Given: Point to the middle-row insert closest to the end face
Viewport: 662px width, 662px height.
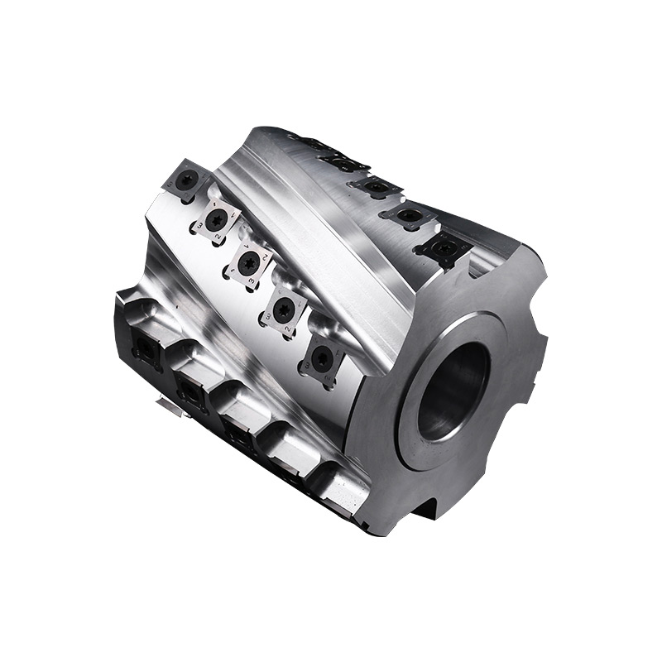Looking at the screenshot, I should tap(322, 357).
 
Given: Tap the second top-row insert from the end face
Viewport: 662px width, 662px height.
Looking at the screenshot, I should tap(407, 217).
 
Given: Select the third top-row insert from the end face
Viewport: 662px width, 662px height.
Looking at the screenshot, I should tap(377, 187).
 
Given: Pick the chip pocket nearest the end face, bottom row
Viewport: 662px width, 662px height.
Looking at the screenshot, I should tap(335, 484).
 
